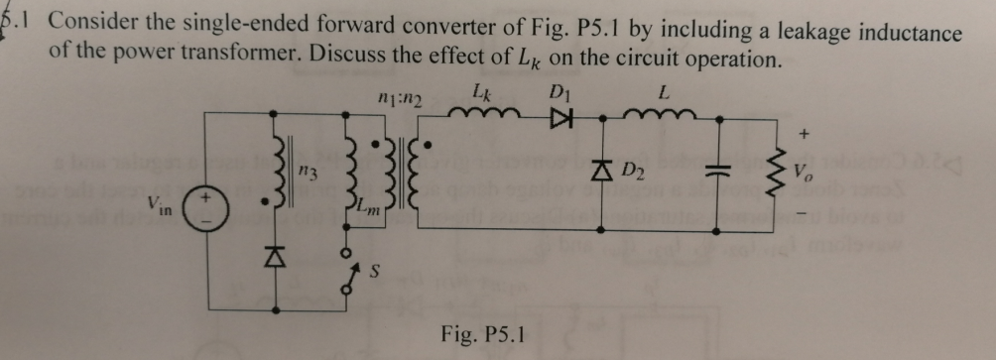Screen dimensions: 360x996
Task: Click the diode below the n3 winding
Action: pos(270,260)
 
